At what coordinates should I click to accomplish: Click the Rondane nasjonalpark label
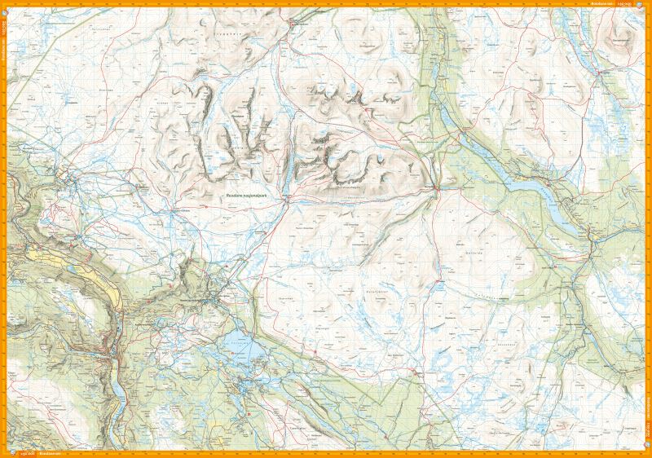pyautogui.click(x=253, y=196)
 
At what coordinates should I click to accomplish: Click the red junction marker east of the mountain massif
pyautogui.click(x=437, y=190)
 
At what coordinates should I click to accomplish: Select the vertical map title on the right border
pyautogui.click(x=648, y=407)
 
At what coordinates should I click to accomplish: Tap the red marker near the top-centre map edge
pyautogui.click(x=293, y=24)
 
